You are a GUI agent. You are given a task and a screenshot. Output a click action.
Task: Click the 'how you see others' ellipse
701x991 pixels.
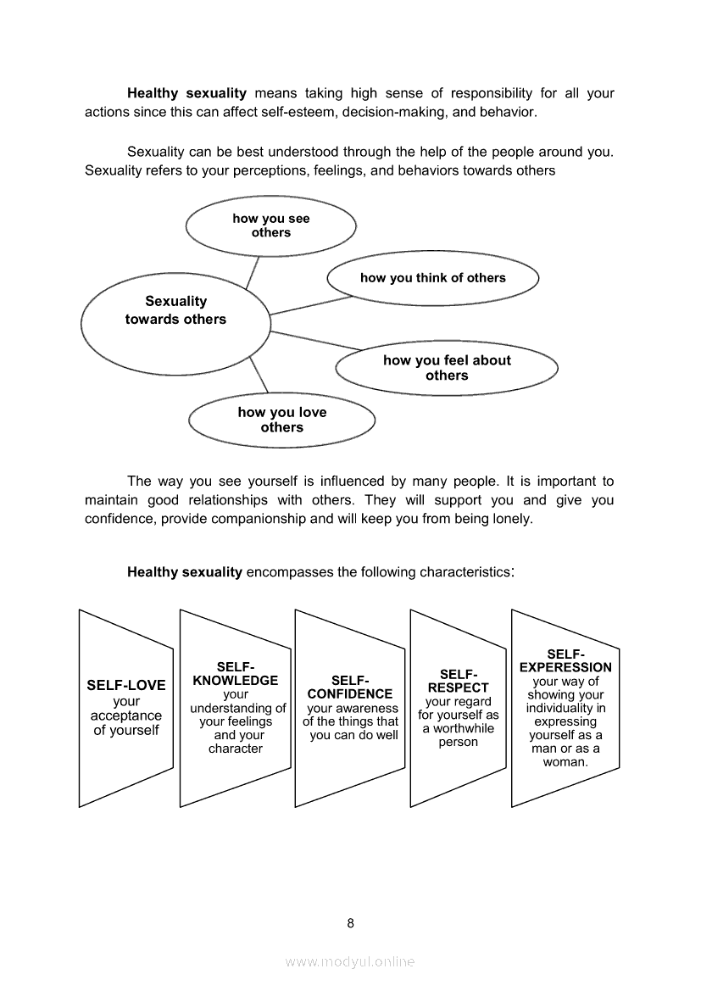[271, 225]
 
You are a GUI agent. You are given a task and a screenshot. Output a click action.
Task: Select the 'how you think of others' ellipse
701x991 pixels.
[432, 278]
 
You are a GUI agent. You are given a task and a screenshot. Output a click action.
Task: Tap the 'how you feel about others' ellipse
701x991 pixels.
[447, 368]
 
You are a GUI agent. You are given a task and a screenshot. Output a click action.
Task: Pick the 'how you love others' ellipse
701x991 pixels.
[281, 420]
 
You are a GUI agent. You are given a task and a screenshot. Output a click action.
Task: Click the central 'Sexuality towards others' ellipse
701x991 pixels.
[175, 310]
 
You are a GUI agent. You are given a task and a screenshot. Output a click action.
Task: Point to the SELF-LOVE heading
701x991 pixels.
[126, 685]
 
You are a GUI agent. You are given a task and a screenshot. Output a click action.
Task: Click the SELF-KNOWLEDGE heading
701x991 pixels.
[236, 674]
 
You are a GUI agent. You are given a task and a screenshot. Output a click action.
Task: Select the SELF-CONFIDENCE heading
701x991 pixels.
[350, 687]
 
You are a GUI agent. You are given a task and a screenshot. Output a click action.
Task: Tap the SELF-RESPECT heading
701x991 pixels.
[459, 681]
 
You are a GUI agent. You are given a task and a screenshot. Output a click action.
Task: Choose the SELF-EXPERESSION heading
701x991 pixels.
[565, 660]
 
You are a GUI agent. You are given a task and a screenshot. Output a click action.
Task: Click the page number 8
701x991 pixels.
[350, 923]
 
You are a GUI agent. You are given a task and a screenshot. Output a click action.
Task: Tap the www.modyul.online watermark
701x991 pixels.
[350, 961]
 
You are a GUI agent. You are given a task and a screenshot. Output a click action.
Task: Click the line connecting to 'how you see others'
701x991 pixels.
[252, 272]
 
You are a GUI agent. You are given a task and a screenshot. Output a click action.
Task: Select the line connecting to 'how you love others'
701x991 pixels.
[259, 375]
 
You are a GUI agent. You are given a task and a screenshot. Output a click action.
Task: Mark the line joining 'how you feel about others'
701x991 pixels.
[315, 339]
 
